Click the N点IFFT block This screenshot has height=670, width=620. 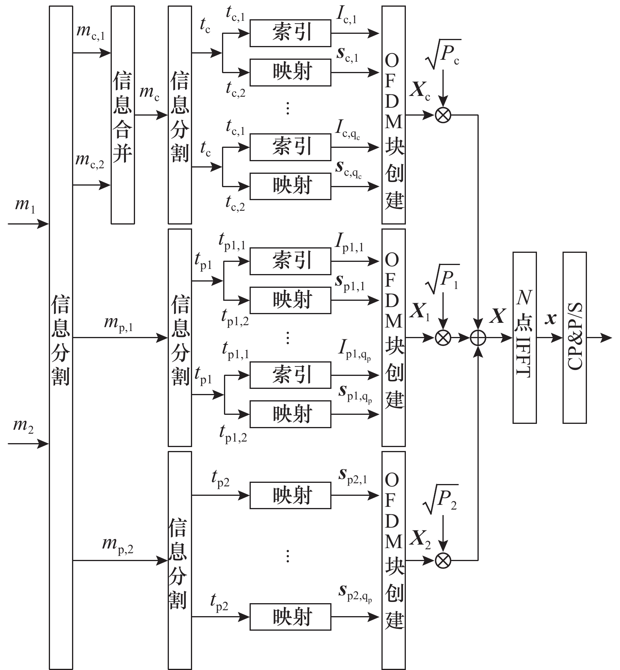pos(524,337)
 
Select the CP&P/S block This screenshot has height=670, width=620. pos(574,337)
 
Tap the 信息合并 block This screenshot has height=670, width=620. pos(122,115)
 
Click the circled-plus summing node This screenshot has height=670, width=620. pos(478,338)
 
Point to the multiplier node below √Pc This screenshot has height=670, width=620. pos(443,115)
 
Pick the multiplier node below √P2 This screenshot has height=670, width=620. pos(443,560)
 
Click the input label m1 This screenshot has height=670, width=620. pos(24,206)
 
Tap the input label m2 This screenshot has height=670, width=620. pos(23,426)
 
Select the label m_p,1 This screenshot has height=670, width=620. pos(118,324)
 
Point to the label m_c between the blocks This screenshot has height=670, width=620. pos(150,93)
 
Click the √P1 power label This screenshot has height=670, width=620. pos(444,279)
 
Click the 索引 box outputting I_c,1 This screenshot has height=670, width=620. pos(290,33)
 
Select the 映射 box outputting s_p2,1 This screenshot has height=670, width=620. pos(290,495)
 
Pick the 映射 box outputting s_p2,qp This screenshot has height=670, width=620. pos(290,617)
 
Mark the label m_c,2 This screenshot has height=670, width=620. pos(90,161)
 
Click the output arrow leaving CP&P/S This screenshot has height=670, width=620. pos(600,337)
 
